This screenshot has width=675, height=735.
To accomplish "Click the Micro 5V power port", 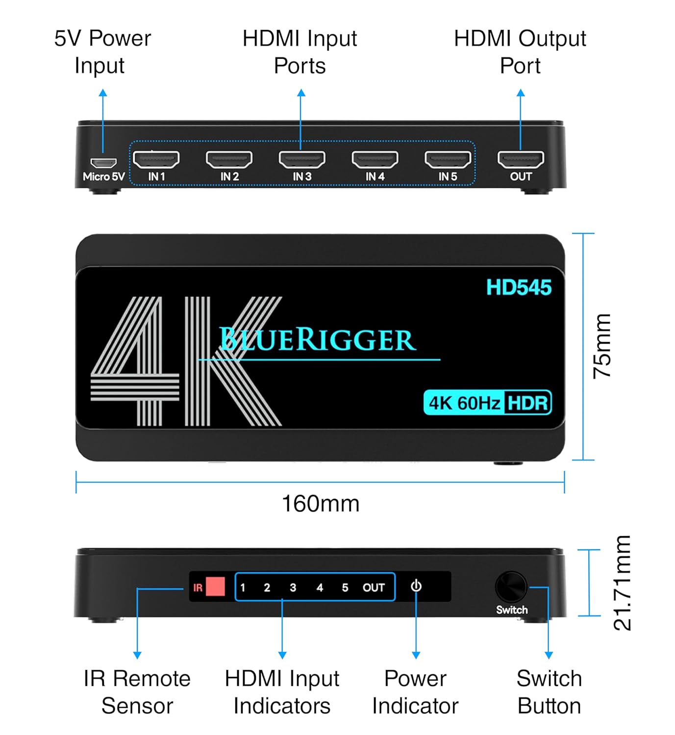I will point(103,163).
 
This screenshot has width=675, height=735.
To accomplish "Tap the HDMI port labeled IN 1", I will point(156,159).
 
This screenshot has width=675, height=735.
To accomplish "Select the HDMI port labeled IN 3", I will point(302,159).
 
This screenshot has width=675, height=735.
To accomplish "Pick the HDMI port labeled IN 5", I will point(448,159).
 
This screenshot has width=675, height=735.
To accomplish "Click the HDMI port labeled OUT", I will point(521,159).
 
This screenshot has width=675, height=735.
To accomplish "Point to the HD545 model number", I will point(519,288).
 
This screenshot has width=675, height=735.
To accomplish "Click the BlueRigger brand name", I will point(318,340).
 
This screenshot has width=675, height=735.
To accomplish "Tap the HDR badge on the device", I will point(527,403).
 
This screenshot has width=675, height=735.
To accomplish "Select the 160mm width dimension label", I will point(321,504).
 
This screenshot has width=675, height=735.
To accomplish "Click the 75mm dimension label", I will point(602,346).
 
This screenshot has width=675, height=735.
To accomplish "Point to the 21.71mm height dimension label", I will point(622,583).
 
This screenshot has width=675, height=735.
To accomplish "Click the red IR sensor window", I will point(215,587).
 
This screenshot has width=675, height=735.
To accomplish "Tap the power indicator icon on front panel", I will point(416,586).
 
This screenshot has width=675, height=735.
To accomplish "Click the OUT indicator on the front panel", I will point(374,588).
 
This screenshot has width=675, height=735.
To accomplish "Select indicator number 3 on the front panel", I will point(293,588).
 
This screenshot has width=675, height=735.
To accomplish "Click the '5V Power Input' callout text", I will point(102,52).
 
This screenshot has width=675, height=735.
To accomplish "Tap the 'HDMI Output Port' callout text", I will point(520,52).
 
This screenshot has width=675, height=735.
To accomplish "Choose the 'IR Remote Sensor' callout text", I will point(137,692).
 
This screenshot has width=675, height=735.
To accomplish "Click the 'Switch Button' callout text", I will point(549,692).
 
